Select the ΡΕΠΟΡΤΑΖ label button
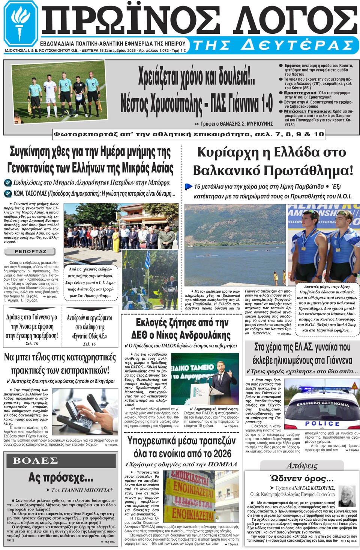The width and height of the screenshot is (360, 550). [x=30, y=251]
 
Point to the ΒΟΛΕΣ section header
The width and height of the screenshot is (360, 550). [x=36, y=460]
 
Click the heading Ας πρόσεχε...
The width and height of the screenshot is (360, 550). [x=61, y=478]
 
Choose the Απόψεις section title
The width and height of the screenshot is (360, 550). [x=302, y=466]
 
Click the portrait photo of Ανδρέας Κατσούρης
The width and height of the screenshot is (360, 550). [x=347, y=496]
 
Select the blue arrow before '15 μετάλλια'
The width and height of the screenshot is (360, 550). [x=188, y=186]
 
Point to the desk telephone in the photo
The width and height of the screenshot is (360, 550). [x=79, y=413]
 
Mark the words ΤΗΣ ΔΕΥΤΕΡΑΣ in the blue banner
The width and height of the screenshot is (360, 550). [x=273, y=45]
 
